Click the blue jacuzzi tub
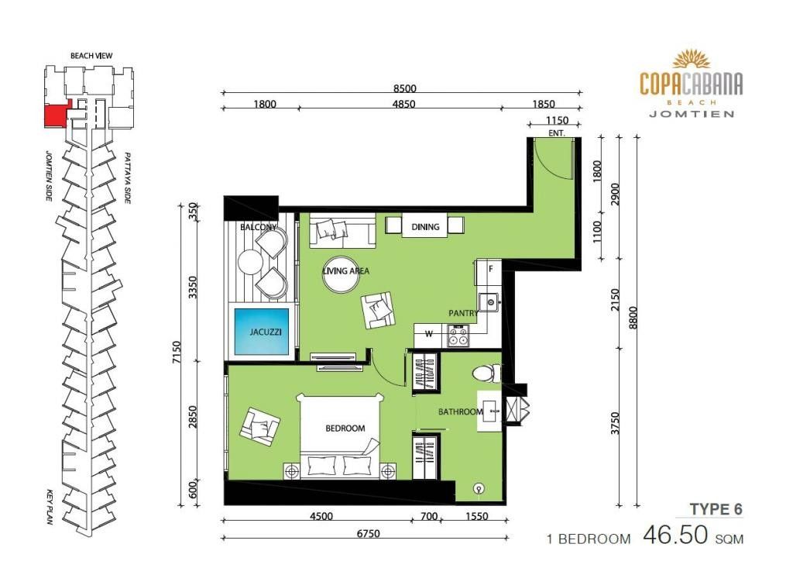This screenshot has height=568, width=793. click(262, 332)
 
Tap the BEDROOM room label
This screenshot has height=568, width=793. click(345, 429)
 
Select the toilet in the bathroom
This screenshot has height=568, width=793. click(487, 374)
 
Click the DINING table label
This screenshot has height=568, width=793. click(425, 227)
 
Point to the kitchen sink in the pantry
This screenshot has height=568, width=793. click(489, 302)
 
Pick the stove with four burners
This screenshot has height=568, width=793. click(458, 336)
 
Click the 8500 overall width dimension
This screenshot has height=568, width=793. click(404, 88)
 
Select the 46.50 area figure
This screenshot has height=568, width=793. click(675, 535)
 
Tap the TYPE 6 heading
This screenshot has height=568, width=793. click(716, 509)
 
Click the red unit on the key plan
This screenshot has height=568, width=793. click(57, 115)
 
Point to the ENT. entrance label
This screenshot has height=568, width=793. click(556, 133)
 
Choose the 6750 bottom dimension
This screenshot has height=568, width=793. click(368, 533)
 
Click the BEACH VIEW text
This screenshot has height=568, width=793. click(91, 56)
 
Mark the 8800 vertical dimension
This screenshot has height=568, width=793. click(632, 318)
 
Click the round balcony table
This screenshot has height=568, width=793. click(250, 262)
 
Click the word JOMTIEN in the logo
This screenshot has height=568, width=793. click(692, 114)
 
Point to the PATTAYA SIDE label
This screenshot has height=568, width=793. click(128, 178)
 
